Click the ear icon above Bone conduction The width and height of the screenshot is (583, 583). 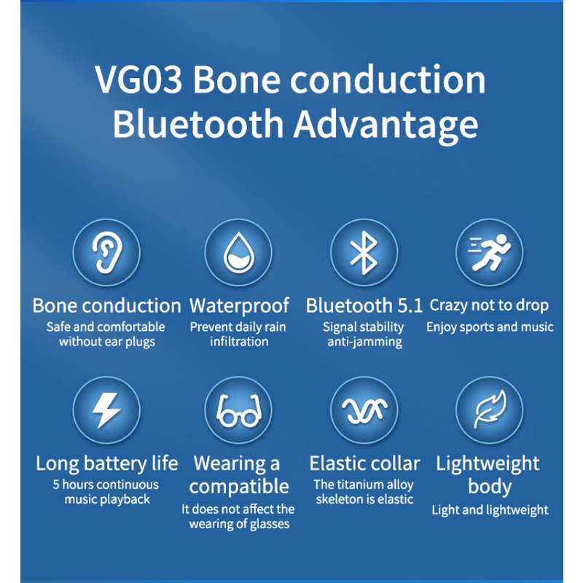(106, 251)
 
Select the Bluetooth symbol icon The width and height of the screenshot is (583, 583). (364, 251)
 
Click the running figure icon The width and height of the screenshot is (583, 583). (489, 251)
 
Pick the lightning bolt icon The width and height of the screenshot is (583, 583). (106, 411)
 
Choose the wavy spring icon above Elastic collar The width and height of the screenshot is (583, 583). (364, 412)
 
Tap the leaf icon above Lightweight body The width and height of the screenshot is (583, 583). (489, 411)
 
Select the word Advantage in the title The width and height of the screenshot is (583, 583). (386, 124)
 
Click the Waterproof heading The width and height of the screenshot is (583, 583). (239, 305)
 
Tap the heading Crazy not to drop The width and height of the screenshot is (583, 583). (489, 305)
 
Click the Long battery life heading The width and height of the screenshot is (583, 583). (106, 463)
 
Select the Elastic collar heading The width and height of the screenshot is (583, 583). (364, 463)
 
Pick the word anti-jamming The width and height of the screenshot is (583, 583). (364, 342)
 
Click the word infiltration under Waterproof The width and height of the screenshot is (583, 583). (239, 342)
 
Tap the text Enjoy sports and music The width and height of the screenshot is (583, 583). (490, 326)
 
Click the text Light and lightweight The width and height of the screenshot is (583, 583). (490, 509)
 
